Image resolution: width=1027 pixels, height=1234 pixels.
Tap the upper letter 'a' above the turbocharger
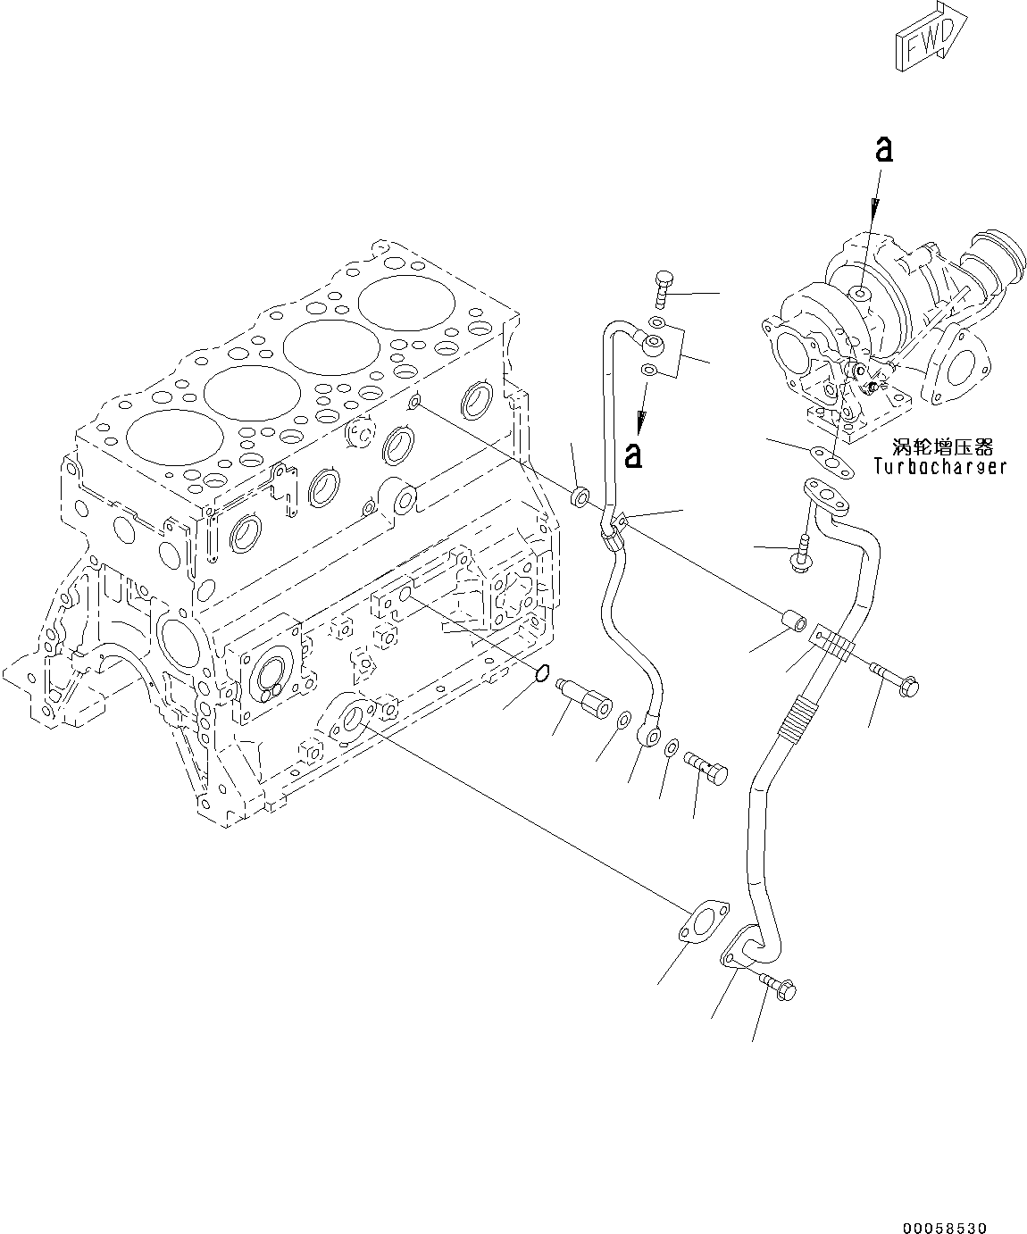click(882, 150)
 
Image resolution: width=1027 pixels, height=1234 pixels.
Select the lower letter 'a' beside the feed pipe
click(633, 454)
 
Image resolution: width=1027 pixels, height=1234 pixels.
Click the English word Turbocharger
click(939, 466)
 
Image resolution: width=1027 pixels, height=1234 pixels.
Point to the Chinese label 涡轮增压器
click(942, 446)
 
